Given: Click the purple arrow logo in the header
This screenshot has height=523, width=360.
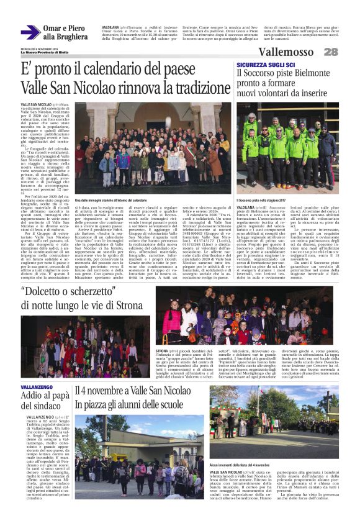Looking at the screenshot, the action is point(30,32).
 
